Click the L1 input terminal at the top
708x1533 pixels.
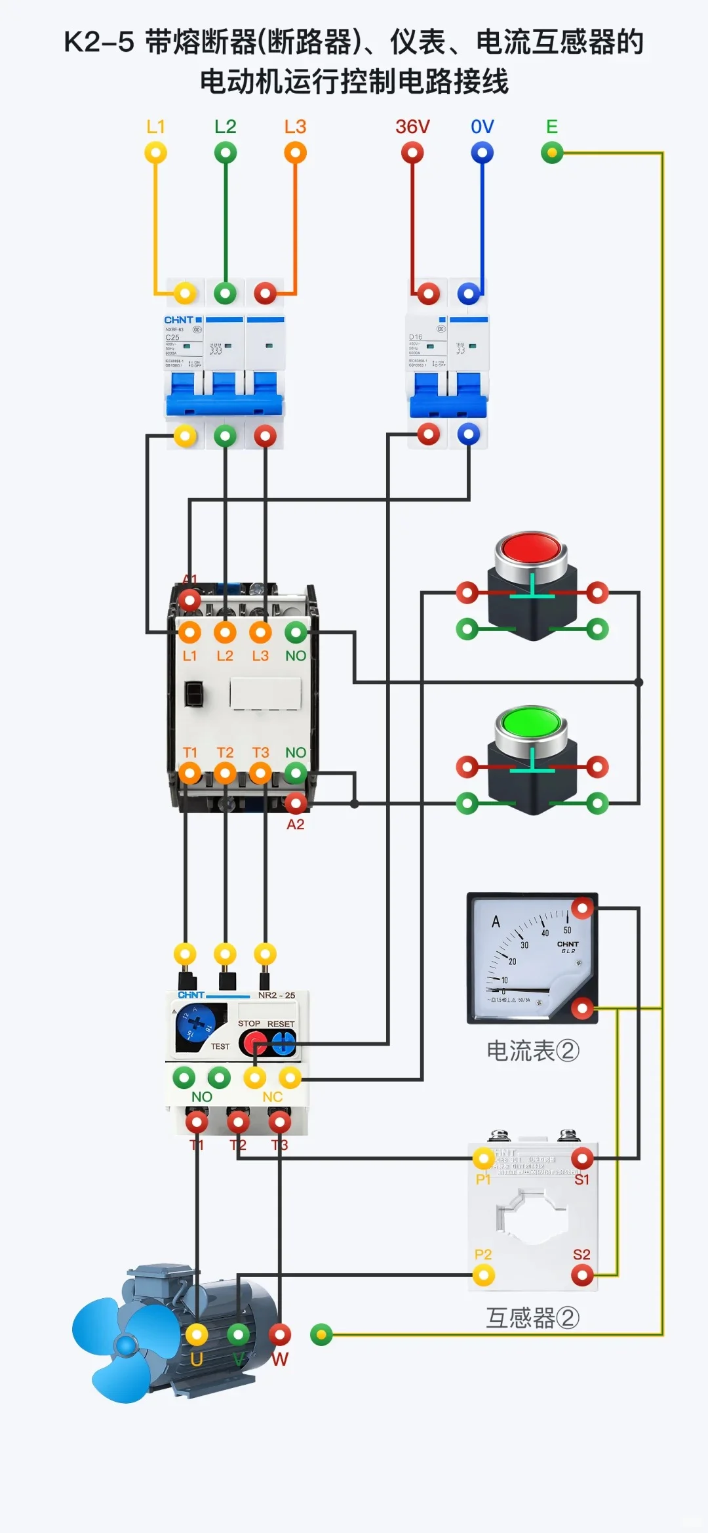pos(155,153)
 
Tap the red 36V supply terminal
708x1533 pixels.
pos(412,153)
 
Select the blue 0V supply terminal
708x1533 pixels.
pos(482,153)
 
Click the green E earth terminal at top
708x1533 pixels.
pos(552,153)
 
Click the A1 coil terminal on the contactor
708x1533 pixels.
pos(189,599)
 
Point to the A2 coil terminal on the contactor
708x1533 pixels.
pos(296,802)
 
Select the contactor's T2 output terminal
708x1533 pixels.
pos(225,773)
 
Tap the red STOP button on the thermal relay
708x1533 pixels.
pos(254,1042)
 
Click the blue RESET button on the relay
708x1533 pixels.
pos(283,1042)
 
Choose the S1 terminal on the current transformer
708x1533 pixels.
pos(582,1158)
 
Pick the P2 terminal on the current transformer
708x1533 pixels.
pos(484,1275)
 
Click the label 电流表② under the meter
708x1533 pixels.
pos(532,1051)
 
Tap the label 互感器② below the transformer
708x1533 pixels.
pos(532,1318)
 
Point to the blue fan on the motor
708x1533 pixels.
pos(121,1345)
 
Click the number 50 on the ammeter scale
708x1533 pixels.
pos(567,930)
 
